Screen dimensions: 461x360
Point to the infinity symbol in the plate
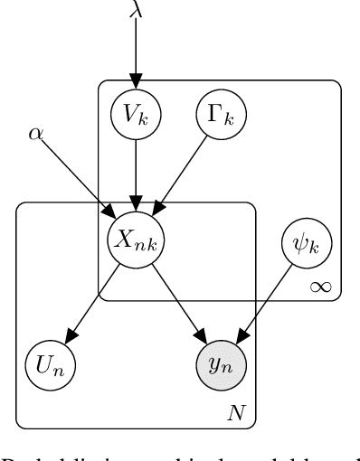tap(318, 287)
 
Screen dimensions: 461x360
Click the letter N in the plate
tap(235, 412)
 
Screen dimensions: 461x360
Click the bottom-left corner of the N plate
tap(18, 426)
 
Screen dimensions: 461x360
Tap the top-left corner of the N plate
tap(18, 204)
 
